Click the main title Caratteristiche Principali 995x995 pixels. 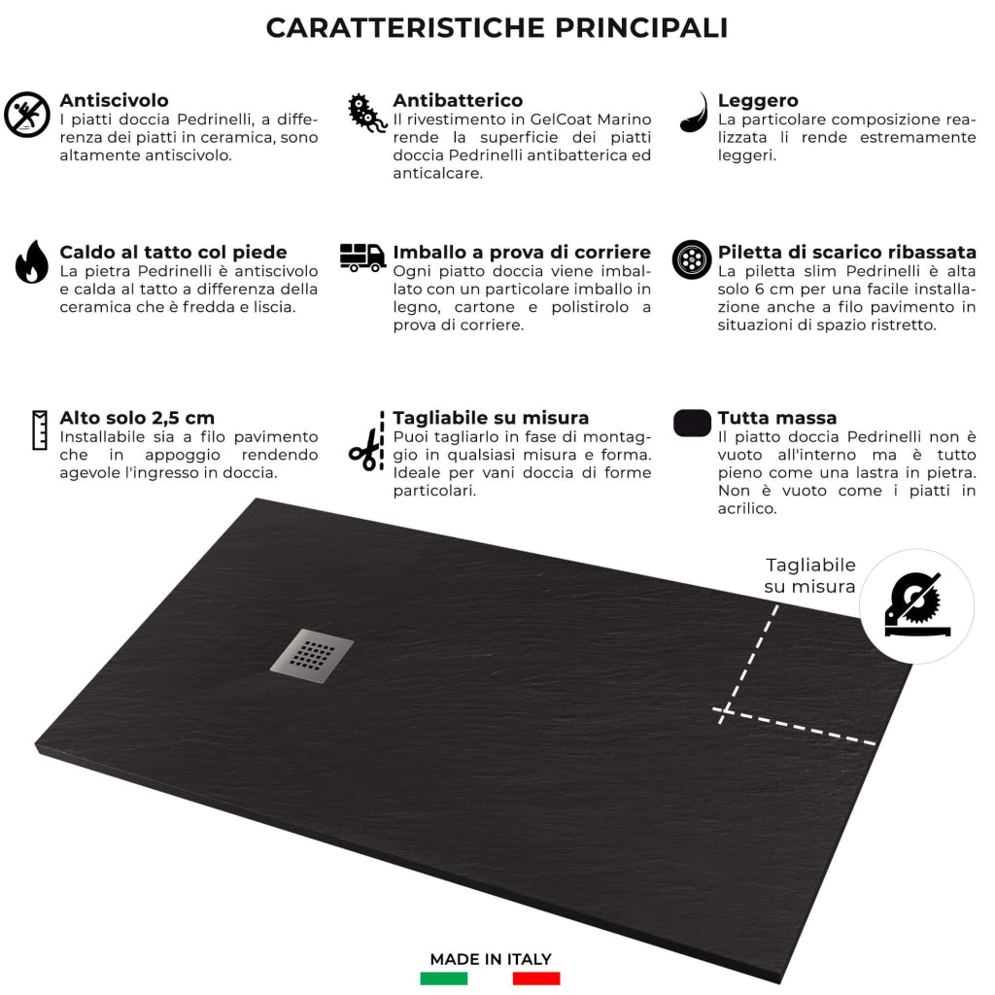pos(497,28)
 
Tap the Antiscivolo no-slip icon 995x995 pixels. pos(26,115)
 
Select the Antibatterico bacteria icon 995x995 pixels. pos(367,114)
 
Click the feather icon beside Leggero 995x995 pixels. pos(694,113)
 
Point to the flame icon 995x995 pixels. pos(31,261)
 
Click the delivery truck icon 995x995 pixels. pos(362,257)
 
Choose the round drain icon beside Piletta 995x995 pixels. pos(692,259)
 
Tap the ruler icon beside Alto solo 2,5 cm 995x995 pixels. pos(40,429)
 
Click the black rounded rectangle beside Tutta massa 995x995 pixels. pos(692,423)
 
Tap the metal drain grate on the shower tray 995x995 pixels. pos(312,655)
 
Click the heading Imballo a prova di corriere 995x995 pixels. pos(522,253)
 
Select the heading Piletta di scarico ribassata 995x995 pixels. pos(846,253)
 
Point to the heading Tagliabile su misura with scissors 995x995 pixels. pos(491,418)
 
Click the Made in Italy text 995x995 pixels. pos(491,959)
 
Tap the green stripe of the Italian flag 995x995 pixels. pos(444,978)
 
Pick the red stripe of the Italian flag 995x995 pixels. pos(536,978)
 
